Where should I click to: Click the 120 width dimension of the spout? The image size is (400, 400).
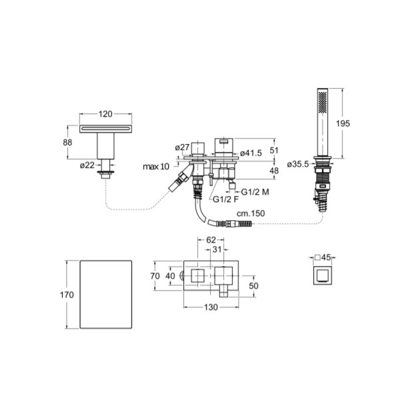105,114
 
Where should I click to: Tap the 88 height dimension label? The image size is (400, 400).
67,142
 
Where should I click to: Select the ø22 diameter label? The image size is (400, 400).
87,165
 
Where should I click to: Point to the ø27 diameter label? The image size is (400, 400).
183,147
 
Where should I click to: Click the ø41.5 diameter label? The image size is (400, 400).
251,153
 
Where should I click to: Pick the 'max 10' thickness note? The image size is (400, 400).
156,167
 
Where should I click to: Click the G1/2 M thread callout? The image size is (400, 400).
255,192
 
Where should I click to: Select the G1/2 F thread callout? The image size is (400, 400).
226,199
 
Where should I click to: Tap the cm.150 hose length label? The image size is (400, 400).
251,213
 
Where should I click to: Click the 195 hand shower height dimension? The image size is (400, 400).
343,123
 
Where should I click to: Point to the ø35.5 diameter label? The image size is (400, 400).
298,164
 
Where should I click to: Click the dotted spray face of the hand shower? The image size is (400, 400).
323,101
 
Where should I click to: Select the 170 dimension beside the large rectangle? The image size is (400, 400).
67,295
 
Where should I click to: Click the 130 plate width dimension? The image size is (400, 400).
211,307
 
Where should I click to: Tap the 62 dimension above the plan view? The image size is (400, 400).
211,240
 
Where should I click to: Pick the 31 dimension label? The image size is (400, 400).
217,249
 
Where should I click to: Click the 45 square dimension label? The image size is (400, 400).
326,257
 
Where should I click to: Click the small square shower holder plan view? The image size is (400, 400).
323,275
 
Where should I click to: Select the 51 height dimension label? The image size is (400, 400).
274,150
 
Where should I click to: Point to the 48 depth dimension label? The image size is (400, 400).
274,171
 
